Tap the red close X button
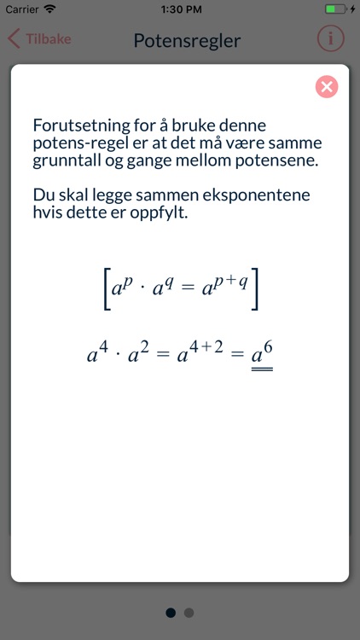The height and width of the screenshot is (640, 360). (x=326, y=86)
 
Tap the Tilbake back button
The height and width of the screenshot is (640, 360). (x=40, y=39)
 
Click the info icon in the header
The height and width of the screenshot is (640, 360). (x=330, y=39)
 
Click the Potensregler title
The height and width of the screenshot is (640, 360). (x=187, y=40)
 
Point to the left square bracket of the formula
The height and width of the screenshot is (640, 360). (x=102, y=290)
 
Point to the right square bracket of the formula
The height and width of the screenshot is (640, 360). (x=255, y=290)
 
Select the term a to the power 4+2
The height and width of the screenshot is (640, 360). (x=200, y=352)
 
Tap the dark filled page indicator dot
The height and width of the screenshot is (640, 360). (x=171, y=612)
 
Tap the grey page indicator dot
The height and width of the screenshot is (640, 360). (x=189, y=612)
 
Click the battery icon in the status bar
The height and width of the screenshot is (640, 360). (x=335, y=9)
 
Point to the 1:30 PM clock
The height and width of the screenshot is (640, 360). (x=180, y=9)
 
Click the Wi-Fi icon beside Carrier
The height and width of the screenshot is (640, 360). (x=49, y=9)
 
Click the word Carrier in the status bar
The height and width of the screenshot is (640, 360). (x=20, y=9)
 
